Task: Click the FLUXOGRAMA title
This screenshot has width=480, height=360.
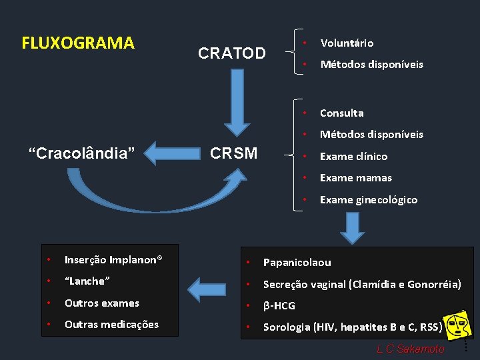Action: (x=78, y=43)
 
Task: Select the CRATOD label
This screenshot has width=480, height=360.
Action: (x=232, y=53)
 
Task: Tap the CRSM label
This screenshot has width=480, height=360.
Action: (x=233, y=153)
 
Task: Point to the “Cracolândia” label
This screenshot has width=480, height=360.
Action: (x=82, y=153)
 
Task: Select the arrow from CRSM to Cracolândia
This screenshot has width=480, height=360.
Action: (x=171, y=153)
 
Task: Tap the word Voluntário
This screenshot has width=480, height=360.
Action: (x=347, y=43)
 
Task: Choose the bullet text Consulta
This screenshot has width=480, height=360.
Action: (x=341, y=113)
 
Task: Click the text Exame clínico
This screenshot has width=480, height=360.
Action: (x=353, y=157)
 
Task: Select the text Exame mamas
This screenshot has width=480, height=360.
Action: (x=355, y=178)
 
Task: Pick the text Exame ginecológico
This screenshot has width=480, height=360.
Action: (x=369, y=200)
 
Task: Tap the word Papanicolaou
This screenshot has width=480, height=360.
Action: (x=297, y=263)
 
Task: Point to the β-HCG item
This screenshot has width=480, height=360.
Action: (x=279, y=306)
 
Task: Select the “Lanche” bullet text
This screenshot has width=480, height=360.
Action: (x=87, y=281)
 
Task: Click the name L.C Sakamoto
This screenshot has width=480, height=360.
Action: (x=410, y=349)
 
